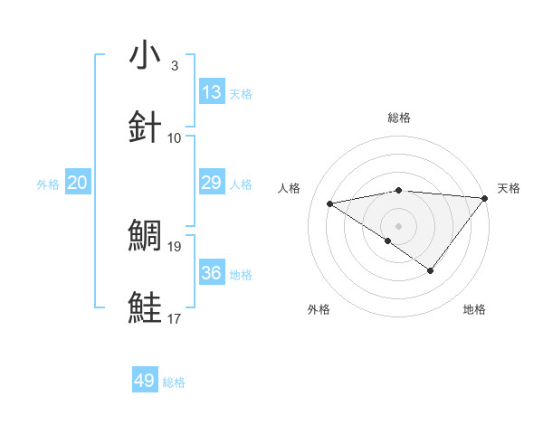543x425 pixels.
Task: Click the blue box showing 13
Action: pyautogui.click(x=212, y=92)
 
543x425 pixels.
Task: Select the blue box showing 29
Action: pyautogui.click(x=212, y=183)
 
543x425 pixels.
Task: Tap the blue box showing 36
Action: pyautogui.click(x=212, y=273)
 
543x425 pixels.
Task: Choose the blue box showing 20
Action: pyautogui.click(x=78, y=183)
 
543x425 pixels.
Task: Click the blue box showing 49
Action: pyautogui.click(x=145, y=381)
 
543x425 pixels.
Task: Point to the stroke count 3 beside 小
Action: pyautogui.click(x=175, y=66)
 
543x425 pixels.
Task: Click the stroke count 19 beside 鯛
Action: pyautogui.click(x=175, y=245)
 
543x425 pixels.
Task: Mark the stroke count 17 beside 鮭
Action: pyautogui.click(x=175, y=317)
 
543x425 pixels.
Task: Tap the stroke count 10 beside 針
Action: pyautogui.click(x=175, y=137)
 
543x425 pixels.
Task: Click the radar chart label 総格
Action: pyautogui.click(x=399, y=118)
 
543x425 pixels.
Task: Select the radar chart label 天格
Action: pyautogui.click(x=509, y=188)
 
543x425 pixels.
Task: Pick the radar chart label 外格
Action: pyautogui.click(x=319, y=309)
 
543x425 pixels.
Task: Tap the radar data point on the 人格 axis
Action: pyautogui.click(x=330, y=203)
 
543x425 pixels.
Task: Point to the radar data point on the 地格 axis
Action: pyautogui.click(x=431, y=270)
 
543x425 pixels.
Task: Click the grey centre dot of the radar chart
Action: pyautogui.click(x=399, y=225)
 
